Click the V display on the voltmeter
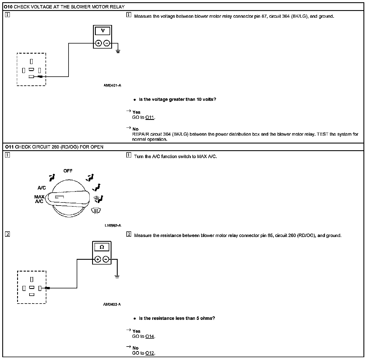click(103, 31)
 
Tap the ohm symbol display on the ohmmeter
click(102, 247)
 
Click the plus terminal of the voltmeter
click(98, 43)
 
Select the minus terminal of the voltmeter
click(107, 43)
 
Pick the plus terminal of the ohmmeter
click(97, 259)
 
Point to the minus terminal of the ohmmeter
click(106, 259)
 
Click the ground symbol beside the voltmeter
click(118, 51)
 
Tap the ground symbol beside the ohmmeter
click(117, 277)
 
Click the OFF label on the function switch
click(68, 171)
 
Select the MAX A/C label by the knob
click(39, 199)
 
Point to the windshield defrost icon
click(96, 211)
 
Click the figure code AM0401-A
click(112, 85)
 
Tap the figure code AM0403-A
click(112, 304)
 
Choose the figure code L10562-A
click(113, 225)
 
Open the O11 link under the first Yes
click(150, 117)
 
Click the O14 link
click(150, 336)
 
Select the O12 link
click(150, 353)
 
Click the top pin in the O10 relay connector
click(31, 61)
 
